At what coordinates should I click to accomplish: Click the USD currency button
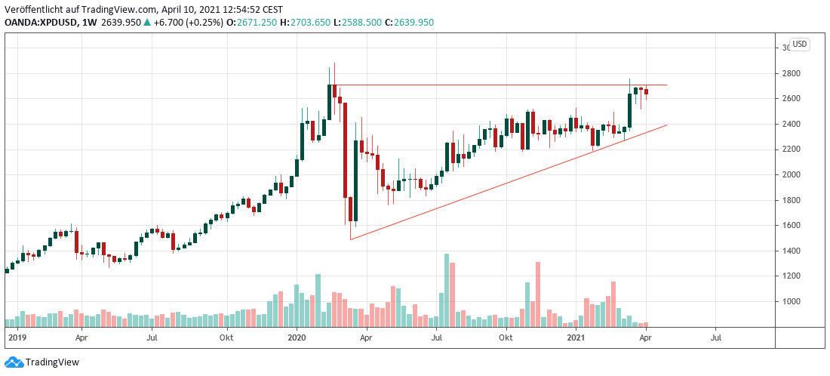799,44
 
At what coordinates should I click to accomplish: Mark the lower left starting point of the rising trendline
351,239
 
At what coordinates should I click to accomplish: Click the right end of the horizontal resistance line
667,85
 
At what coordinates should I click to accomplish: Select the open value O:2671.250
241,22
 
